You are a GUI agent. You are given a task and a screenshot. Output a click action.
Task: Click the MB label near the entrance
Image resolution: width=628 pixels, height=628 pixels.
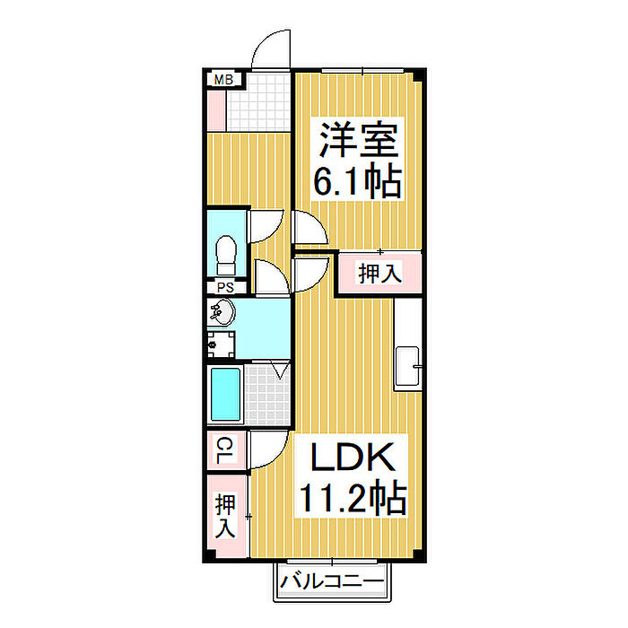pos(223,81)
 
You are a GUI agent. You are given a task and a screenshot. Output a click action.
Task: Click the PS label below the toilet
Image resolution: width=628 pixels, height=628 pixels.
pos(225,288)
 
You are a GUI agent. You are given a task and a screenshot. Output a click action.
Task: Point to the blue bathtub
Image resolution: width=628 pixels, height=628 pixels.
pos(225,396)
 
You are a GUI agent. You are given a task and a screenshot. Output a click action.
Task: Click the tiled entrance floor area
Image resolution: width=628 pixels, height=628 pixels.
pos(259,103)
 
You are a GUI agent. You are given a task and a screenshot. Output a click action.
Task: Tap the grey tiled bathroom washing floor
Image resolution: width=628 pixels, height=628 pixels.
pos(268,394)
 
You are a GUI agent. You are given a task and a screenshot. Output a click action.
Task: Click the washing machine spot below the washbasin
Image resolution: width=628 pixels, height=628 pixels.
pos(221,344)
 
